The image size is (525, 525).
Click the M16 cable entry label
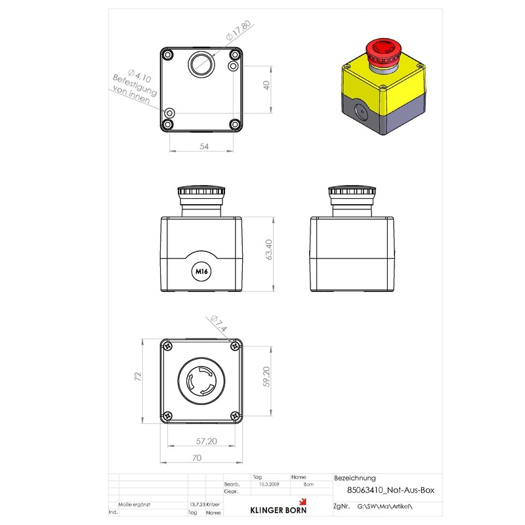coord(199,270)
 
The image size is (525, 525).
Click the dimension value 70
coord(197,458)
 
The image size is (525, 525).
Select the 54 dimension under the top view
coord(203,147)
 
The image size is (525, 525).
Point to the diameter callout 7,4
coord(219,324)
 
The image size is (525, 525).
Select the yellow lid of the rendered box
coord(384,82)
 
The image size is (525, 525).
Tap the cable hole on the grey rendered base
coord(359,112)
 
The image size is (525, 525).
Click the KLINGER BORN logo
coord(277,509)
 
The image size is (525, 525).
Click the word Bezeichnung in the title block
coord(355,478)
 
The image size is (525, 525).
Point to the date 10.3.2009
coord(269,484)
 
